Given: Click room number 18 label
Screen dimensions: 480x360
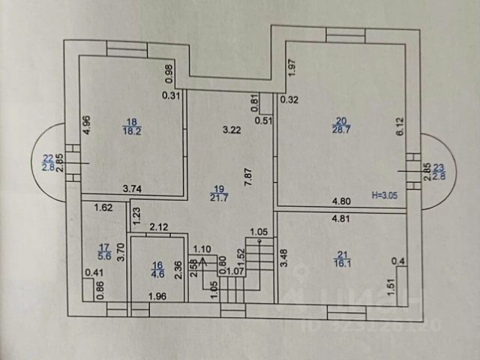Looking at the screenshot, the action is (132, 121).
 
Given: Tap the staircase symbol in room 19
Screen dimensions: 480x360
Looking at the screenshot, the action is (256, 266).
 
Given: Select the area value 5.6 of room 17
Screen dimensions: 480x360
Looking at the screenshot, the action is (104, 255).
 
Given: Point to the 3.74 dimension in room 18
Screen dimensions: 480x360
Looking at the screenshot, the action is (133, 190).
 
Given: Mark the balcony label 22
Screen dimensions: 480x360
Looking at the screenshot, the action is (49, 157).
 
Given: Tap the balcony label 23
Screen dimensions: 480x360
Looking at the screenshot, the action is (439, 167).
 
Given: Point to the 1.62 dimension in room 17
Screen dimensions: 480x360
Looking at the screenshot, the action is (103, 208).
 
